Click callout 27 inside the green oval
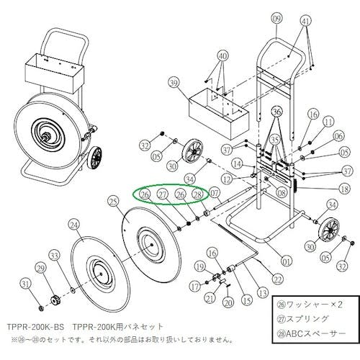pyautogui.click(x=163, y=194)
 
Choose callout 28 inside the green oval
pyautogui.click(x=198, y=194)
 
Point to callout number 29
pyautogui.click(x=40, y=268)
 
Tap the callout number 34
pyautogui.click(x=190, y=178)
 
